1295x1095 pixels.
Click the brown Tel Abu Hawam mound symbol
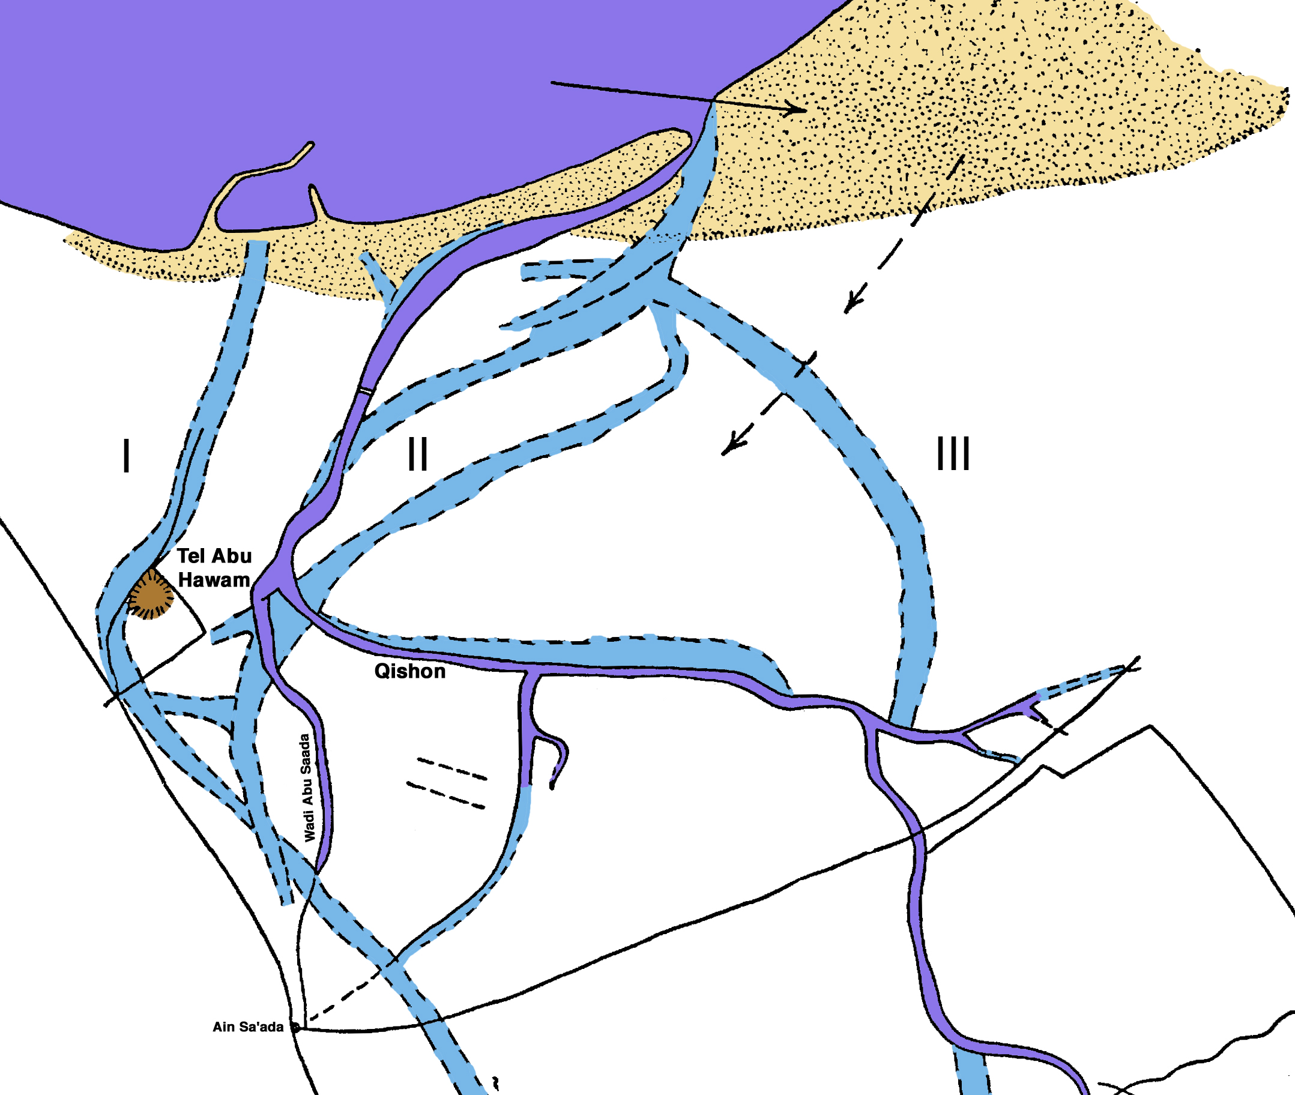pos(150,595)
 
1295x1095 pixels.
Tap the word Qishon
pos(409,672)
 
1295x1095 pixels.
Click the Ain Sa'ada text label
pos(248,1027)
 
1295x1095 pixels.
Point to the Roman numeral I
pos(127,455)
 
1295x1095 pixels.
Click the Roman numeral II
pos(418,454)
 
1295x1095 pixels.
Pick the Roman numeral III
pos(953,454)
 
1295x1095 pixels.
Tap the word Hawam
pos(214,581)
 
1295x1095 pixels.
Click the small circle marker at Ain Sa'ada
pos(296,1027)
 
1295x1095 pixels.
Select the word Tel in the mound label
pos(190,555)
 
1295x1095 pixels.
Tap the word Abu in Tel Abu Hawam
pos(231,555)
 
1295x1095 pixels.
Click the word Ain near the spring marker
pos(223,1027)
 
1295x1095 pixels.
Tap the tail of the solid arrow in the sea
pos(552,83)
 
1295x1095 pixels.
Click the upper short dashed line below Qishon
pos(452,768)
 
